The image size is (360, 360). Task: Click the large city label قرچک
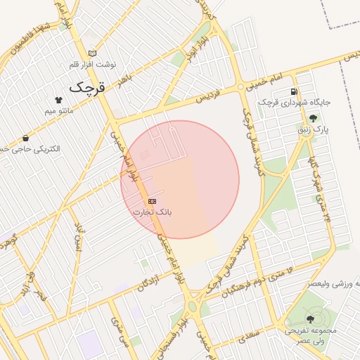coord(86,88)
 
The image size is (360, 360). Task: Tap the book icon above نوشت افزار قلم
coord(92,54)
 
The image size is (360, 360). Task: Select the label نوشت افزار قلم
coord(93,65)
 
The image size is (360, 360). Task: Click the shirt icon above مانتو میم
coord(58,101)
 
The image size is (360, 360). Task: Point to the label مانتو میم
coord(59,111)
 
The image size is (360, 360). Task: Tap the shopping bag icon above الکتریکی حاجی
coord(26,139)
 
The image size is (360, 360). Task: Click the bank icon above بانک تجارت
coord(152,201)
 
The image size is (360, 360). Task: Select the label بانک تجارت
coord(152,212)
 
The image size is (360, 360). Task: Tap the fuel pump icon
coord(293,91)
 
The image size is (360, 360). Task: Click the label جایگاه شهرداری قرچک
coord(294,102)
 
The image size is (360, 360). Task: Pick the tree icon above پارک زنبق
coord(312,119)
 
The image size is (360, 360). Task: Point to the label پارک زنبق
coord(313,130)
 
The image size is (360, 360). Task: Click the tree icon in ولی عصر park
coord(310,319)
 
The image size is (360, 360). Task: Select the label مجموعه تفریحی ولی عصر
coord(309,335)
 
